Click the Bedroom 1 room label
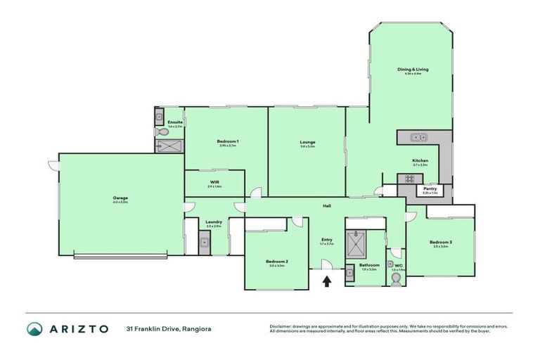point(227,142)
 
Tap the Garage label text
point(120,198)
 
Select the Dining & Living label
point(413,70)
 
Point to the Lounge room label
point(307,142)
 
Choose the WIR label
point(214,182)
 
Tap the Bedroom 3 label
point(441,243)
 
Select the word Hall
point(327,206)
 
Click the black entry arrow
point(327,282)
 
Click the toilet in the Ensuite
point(161,132)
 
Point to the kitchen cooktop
point(406,179)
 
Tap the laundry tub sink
point(204,244)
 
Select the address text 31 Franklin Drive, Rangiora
point(169,329)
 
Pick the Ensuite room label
point(176,122)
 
